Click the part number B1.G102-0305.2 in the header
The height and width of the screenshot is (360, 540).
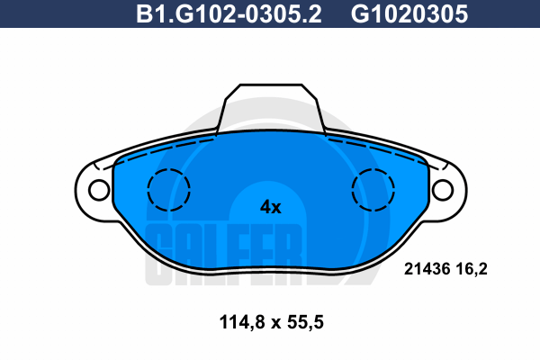point(229,14)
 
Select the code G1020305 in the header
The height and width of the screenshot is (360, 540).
point(409,14)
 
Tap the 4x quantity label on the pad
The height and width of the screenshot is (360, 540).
point(270,207)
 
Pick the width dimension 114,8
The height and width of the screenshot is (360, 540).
point(242,323)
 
